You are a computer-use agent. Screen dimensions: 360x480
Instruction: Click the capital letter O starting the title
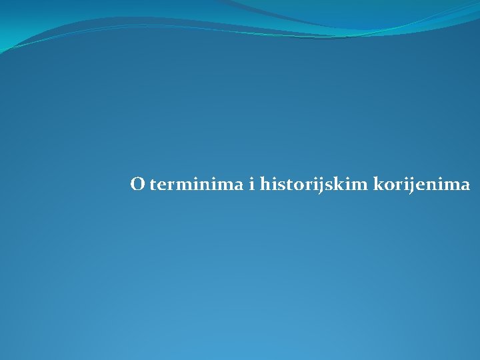click(137, 184)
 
